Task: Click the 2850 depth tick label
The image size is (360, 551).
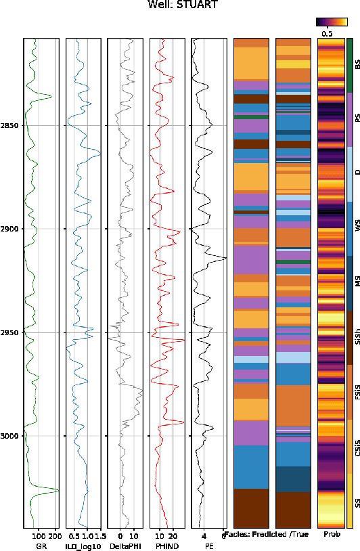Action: (x=9, y=126)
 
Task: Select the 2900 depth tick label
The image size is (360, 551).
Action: (x=9, y=229)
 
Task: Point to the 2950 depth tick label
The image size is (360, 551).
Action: (x=9, y=332)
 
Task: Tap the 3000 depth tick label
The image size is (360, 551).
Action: (x=9, y=436)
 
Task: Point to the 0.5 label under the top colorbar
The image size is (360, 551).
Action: (x=327, y=32)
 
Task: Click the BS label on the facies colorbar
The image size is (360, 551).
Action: (x=357, y=65)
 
